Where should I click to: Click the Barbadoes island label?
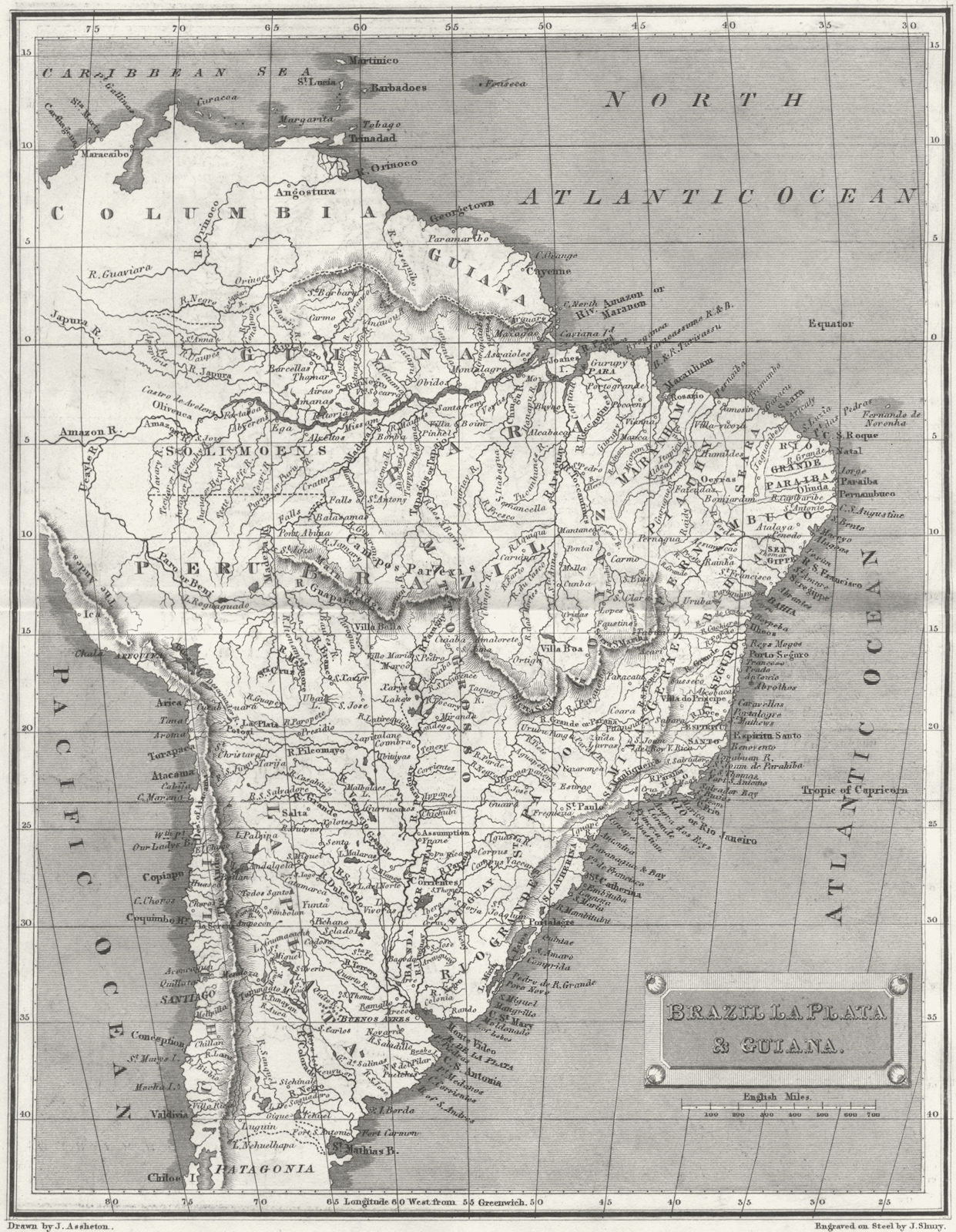[398, 88]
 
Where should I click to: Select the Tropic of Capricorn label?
[855, 790]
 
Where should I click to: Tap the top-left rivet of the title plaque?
[657, 983]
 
